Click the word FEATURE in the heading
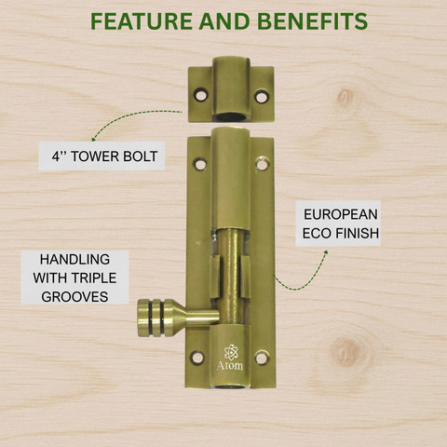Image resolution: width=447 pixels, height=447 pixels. [x=142, y=21]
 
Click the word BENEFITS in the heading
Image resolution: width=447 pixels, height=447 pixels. [x=313, y=21]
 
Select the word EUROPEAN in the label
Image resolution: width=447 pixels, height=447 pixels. [x=341, y=214]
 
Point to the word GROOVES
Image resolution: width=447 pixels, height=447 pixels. [x=74, y=297]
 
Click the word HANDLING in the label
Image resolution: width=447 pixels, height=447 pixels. [x=74, y=260]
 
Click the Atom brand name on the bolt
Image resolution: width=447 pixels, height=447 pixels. [x=230, y=365]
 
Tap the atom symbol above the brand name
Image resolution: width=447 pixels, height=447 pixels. [x=231, y=352]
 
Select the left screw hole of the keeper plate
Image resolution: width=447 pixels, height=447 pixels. [x=201, y=95]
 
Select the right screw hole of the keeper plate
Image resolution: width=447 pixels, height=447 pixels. [x=261, y=97]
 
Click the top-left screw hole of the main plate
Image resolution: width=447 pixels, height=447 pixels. [x=200, y=164]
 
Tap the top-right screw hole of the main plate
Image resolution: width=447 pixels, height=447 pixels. [x=263, y=163]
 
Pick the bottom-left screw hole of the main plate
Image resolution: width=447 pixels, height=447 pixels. [x=197, y=358]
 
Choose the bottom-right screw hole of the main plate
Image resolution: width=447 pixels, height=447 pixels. [x=262, y=358]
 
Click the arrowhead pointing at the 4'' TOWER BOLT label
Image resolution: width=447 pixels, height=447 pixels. [x=94, y=138]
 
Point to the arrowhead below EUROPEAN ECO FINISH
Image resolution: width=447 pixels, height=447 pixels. [x=325, y=252]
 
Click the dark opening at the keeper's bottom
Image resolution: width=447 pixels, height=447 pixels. [x=230, y=117]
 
